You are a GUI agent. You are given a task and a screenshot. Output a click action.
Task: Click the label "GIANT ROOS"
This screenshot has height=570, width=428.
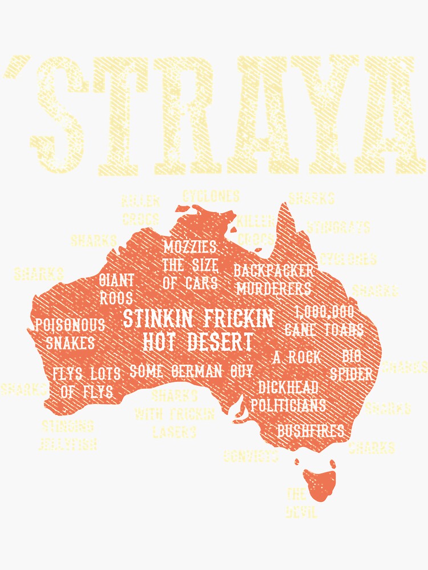click(x=116, y=289)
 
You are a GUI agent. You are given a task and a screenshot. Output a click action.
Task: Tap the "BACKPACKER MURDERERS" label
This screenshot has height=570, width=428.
click(x=273, y=279)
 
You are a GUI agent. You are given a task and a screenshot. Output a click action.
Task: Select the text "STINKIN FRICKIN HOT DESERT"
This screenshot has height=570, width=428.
click(x=198, y=329)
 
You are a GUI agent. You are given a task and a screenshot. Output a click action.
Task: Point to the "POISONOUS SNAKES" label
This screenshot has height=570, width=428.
click(x=70, y=334)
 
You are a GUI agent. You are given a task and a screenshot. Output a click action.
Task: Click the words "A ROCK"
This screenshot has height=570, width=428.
click(x=296, y=358)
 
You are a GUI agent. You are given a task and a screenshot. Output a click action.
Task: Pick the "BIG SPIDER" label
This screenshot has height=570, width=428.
click(x=352, y=366)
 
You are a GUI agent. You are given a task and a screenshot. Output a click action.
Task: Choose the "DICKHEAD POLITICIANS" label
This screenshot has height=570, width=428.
click(x=288, y=396)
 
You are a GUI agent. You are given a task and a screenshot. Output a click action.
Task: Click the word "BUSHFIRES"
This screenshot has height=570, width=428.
click(x=310, y=430)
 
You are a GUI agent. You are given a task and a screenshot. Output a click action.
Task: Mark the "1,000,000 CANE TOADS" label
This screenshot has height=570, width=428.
click(x=324, y=321)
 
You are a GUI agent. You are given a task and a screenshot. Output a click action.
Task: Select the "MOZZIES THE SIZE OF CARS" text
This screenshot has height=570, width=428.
click(x=190, y=265)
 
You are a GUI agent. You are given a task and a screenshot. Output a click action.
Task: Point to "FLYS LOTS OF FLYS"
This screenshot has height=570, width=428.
click(x=87, y=382)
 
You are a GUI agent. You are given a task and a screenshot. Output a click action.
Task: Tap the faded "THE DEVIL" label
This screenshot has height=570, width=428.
click(x=300, y=503)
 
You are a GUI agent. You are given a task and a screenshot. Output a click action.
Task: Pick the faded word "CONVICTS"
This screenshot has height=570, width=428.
click(x=251, y=456)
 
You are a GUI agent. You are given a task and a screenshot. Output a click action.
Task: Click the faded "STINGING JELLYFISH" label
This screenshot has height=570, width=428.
click(x=68, y=435)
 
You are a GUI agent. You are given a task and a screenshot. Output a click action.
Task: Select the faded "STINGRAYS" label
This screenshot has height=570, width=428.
click(x=338, y=227)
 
